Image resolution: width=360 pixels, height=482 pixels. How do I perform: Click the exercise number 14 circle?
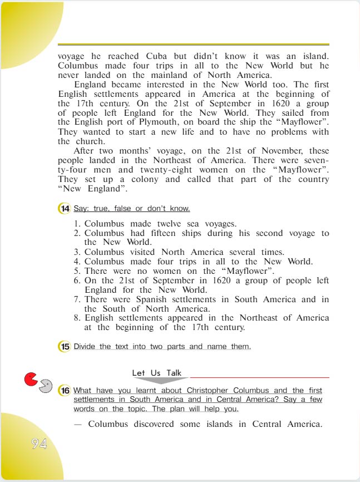point(65,209)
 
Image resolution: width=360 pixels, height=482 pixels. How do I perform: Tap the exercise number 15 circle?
point(65,347)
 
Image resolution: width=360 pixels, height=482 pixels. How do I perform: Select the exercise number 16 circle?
point(65,391)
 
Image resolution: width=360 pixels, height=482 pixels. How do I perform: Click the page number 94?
point(39,444)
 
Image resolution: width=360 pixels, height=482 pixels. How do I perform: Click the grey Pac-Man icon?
point(46,386)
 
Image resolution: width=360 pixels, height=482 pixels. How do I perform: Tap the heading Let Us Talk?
point(156,373)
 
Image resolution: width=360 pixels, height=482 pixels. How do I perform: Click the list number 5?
point(77,271)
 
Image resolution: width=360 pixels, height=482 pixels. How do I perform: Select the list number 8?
point(77,318)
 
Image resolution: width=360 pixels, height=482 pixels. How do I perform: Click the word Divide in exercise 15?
point(85,347)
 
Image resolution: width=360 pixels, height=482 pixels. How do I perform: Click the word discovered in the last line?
point(157,424)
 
